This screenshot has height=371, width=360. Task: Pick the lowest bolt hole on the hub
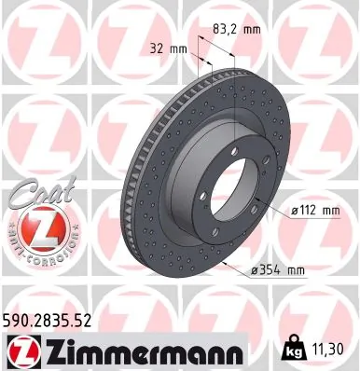tap(217, 233)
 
